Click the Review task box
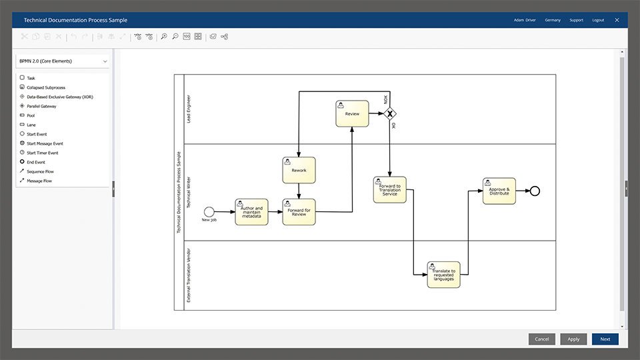(x=352, y=113)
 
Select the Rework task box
(x=299, y=170)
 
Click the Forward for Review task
(x=299, y=212)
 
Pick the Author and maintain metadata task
(x=251, y=212)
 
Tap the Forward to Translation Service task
(x=390, y=190)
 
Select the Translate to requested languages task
(x=443, y=275)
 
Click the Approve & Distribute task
(x=499, y=191)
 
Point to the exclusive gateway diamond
(x=390, y=113)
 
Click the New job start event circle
(x=209, y=212)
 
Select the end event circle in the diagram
(x=534, y=191)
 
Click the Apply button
(x=573, y=339)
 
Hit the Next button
(x=605, y=339)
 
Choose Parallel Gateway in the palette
(x=41, y=106)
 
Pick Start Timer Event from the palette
(x=42, y=153)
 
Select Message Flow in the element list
(x=39, y=181)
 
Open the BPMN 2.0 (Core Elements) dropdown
(x=63, y=61)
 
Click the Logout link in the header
(x=598, y=20)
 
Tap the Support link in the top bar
(x=576, y=20)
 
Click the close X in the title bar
(x=617, y=20)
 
